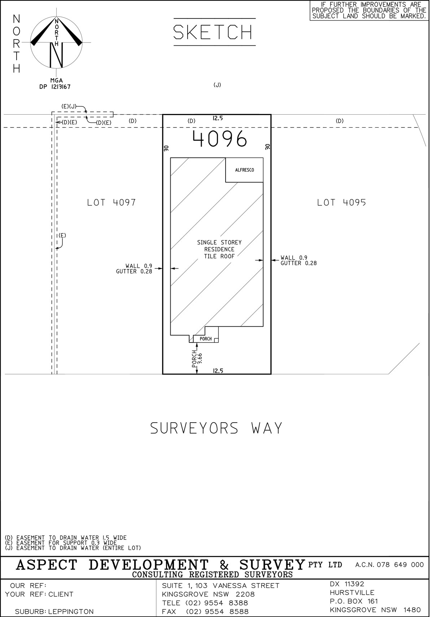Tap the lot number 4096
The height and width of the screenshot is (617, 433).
(220, 138)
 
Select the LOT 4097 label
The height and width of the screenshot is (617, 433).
(111, 203)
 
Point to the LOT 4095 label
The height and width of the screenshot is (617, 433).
(341, 203)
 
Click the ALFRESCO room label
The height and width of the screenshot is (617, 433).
(244, 170)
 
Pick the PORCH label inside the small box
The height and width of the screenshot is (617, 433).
(206, 339)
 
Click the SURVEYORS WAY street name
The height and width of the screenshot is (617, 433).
(216, 428)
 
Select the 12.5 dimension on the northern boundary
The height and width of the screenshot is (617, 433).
(218, 118)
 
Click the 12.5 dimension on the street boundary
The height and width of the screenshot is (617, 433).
(218, 371)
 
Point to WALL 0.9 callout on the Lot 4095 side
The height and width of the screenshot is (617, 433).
(294, 258)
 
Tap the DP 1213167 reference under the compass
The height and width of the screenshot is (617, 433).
(55, 87)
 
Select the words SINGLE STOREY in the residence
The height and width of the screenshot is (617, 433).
(219, 243)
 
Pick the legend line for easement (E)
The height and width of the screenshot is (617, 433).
(61, 543)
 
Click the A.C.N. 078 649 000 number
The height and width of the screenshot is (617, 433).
(389, 565)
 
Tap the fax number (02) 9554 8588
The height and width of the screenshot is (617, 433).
(217, 612)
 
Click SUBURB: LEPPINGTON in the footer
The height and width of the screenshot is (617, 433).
(54, 612)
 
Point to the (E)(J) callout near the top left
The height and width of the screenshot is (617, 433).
(68, 106)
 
